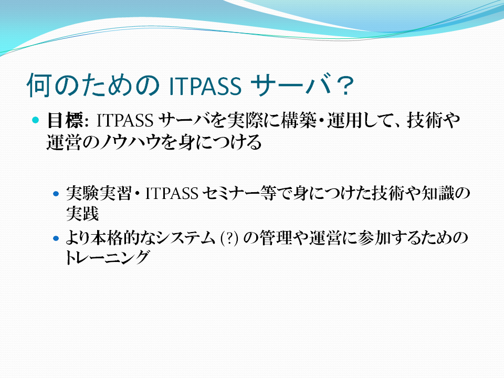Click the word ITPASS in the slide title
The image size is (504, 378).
[x=205, y=86]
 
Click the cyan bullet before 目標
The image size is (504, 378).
[x=35, y=120]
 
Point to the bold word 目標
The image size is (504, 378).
[x=66, y=120]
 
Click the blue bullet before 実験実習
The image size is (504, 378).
[x=56, y=194]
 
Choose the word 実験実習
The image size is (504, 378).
[x=99, y=193]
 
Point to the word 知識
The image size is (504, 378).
[x=438, y=193]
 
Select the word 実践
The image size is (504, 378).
[x=82, y=214]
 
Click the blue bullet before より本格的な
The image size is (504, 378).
[x=56, y=238]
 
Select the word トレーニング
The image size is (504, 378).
[x=107, y=258]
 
